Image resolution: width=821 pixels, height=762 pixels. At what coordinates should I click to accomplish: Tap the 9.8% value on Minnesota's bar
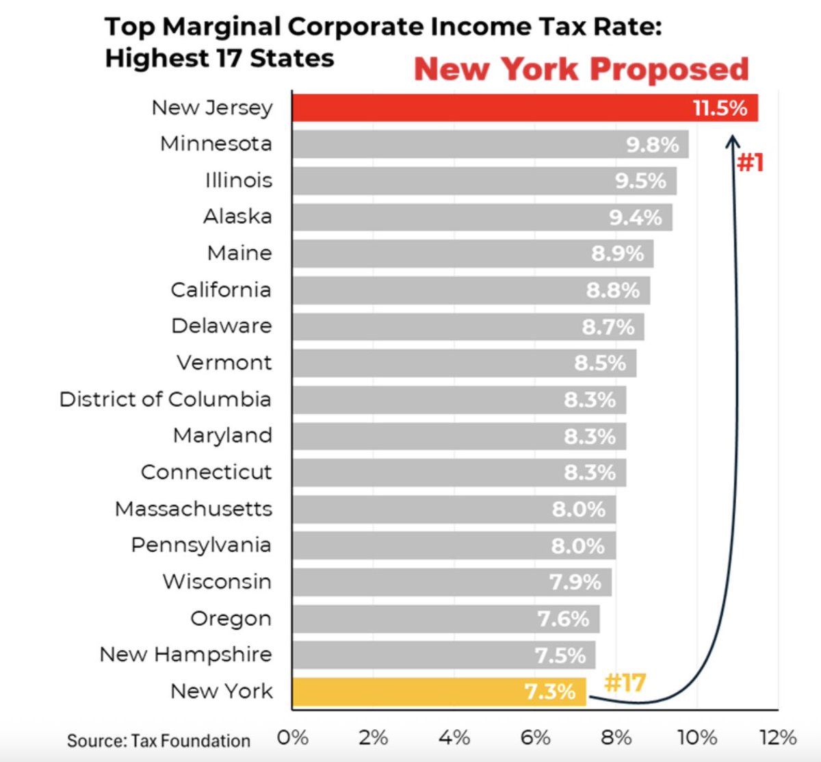coord(652,145)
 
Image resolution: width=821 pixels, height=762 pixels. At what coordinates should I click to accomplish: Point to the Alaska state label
coord(237,216)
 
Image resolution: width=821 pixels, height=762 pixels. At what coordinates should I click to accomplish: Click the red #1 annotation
coord(751,163)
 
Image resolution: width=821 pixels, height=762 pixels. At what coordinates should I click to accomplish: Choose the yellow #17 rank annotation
coord(625,683)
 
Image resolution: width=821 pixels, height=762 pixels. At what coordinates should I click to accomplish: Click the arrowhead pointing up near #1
coord(733,140)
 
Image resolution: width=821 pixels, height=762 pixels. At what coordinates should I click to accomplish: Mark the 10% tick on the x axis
coord(697,737)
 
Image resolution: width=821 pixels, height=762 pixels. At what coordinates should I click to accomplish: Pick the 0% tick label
coord(293,737)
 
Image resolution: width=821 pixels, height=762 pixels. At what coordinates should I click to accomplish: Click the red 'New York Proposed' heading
coord(581,69)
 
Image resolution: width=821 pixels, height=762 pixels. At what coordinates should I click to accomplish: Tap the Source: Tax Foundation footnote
coord(159,740)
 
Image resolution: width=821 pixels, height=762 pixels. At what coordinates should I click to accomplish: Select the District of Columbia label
coord(165,399)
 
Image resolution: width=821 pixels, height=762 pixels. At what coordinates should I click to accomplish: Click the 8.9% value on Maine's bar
coord(617,253)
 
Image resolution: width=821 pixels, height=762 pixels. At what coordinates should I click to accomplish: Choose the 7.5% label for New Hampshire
coord(560,656)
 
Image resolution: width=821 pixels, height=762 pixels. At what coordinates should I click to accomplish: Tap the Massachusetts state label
coord(194,509)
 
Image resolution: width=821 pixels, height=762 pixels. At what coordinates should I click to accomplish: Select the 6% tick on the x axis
coord(535,737)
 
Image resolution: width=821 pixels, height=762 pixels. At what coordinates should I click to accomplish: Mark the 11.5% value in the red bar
coord(720,108)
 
